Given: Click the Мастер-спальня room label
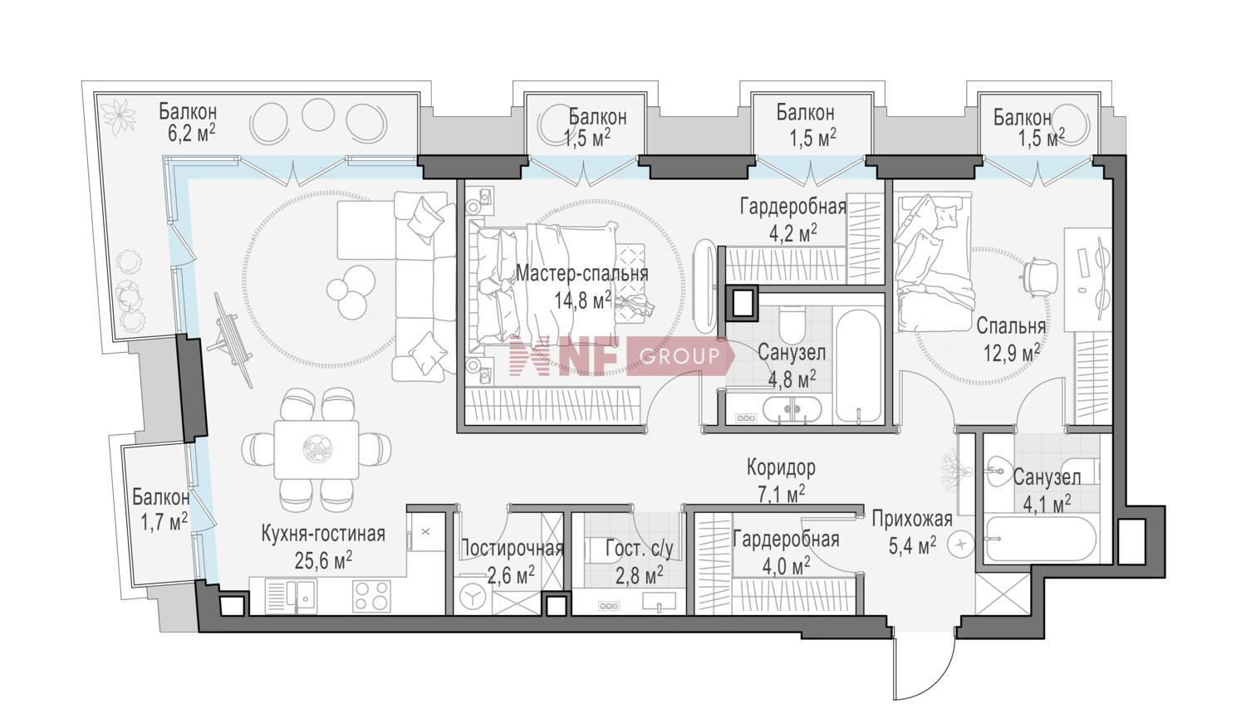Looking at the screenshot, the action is (581, 274).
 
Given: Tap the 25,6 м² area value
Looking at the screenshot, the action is (323, 561).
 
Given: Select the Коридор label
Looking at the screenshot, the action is (781, 468).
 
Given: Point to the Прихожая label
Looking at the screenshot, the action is (912, 519).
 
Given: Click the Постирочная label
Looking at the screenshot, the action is (513, 549).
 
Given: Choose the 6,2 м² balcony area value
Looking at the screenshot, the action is (188, 135).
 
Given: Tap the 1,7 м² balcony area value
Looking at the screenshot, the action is (160, 521).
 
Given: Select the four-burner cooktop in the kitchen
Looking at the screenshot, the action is (371, 596).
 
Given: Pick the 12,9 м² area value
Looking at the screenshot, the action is (1012, 354).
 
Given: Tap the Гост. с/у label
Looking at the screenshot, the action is (639, 549).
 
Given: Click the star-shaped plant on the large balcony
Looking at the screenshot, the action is (119, 116).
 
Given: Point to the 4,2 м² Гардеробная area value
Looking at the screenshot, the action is (793, 234).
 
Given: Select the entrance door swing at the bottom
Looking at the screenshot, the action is (924, 667).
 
